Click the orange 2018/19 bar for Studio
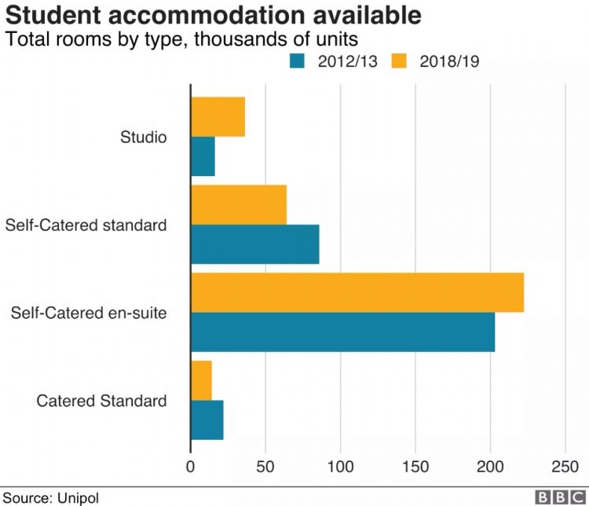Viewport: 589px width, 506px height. pos(218,118)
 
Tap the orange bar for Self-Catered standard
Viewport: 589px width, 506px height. pos(239,204)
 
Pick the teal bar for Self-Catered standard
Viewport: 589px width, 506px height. pos(255,244)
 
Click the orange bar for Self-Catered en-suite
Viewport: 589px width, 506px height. pos(357,292)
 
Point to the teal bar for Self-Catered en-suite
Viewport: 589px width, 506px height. pos(343,332)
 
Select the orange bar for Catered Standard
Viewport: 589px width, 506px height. pos(201,379)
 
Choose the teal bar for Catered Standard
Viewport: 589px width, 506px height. pos(207,420)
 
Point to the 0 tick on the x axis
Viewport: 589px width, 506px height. pos(191,465)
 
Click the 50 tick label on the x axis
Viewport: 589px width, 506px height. pos(265,465)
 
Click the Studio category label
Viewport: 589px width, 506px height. pos(143,137)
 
